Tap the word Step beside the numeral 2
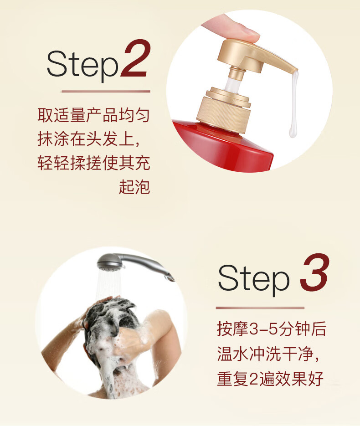[82, 65]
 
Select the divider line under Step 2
[106, 91]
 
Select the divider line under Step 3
[260, 308]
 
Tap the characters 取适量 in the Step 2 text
[62, 115]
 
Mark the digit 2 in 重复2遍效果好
[253, 379]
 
